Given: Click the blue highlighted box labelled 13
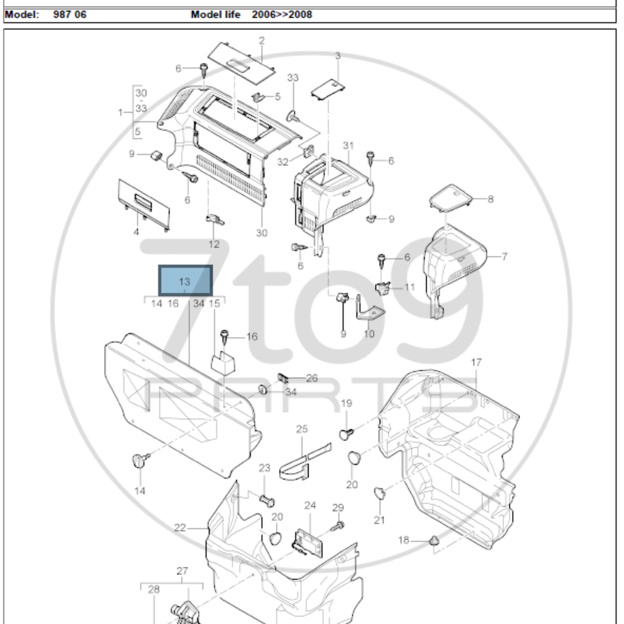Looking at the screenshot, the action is click(185, 280).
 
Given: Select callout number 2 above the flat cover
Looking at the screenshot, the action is click(262, 41).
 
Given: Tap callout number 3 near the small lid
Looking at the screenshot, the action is click(338, 56).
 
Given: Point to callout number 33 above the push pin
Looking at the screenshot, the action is click(293, 77).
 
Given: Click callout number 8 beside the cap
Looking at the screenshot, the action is click(490, 199).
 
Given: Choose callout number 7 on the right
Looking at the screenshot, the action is click(504, 257).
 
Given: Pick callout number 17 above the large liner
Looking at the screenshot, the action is click(477, 362).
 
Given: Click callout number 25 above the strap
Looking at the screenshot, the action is click(302, 429).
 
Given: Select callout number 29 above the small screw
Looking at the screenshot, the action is click(338, 508).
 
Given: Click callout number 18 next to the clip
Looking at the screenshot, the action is click(404, 540).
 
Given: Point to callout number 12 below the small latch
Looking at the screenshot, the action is click(214, 244).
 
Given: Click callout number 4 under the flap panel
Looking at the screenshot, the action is click(136, 232).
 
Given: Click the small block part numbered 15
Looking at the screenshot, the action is click(223, 363).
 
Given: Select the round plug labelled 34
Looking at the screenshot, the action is click(263, 390).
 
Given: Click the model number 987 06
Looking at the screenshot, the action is click(70, 15).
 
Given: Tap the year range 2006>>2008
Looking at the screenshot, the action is click(282, 15).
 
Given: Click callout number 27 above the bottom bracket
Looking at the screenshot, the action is click(182, 571).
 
